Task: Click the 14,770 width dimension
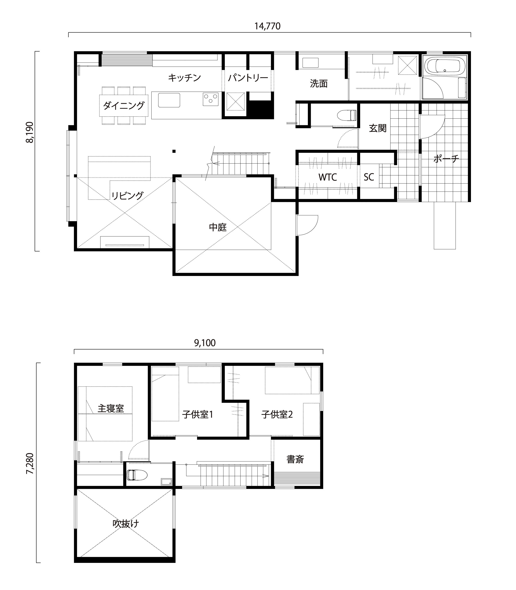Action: (x=267, y=26)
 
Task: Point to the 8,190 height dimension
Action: (x=30, y=132)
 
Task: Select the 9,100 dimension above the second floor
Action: (x=205, y=343)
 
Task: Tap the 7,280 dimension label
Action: (x=30, y=464)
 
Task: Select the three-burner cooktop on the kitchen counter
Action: (x=210, y=99)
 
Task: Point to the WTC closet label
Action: (x=328, y=177)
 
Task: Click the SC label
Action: (x=369, y=177)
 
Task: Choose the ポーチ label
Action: (x=446, y=159)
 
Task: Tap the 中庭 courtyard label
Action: (x=218, y=227)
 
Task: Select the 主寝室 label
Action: (x=111, y=408)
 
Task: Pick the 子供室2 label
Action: (x=277, y=415)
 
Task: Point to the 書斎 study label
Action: (x=295, y=459)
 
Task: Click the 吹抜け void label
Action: (x=126, y=523)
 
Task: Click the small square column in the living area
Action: (x=174, y=151)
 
